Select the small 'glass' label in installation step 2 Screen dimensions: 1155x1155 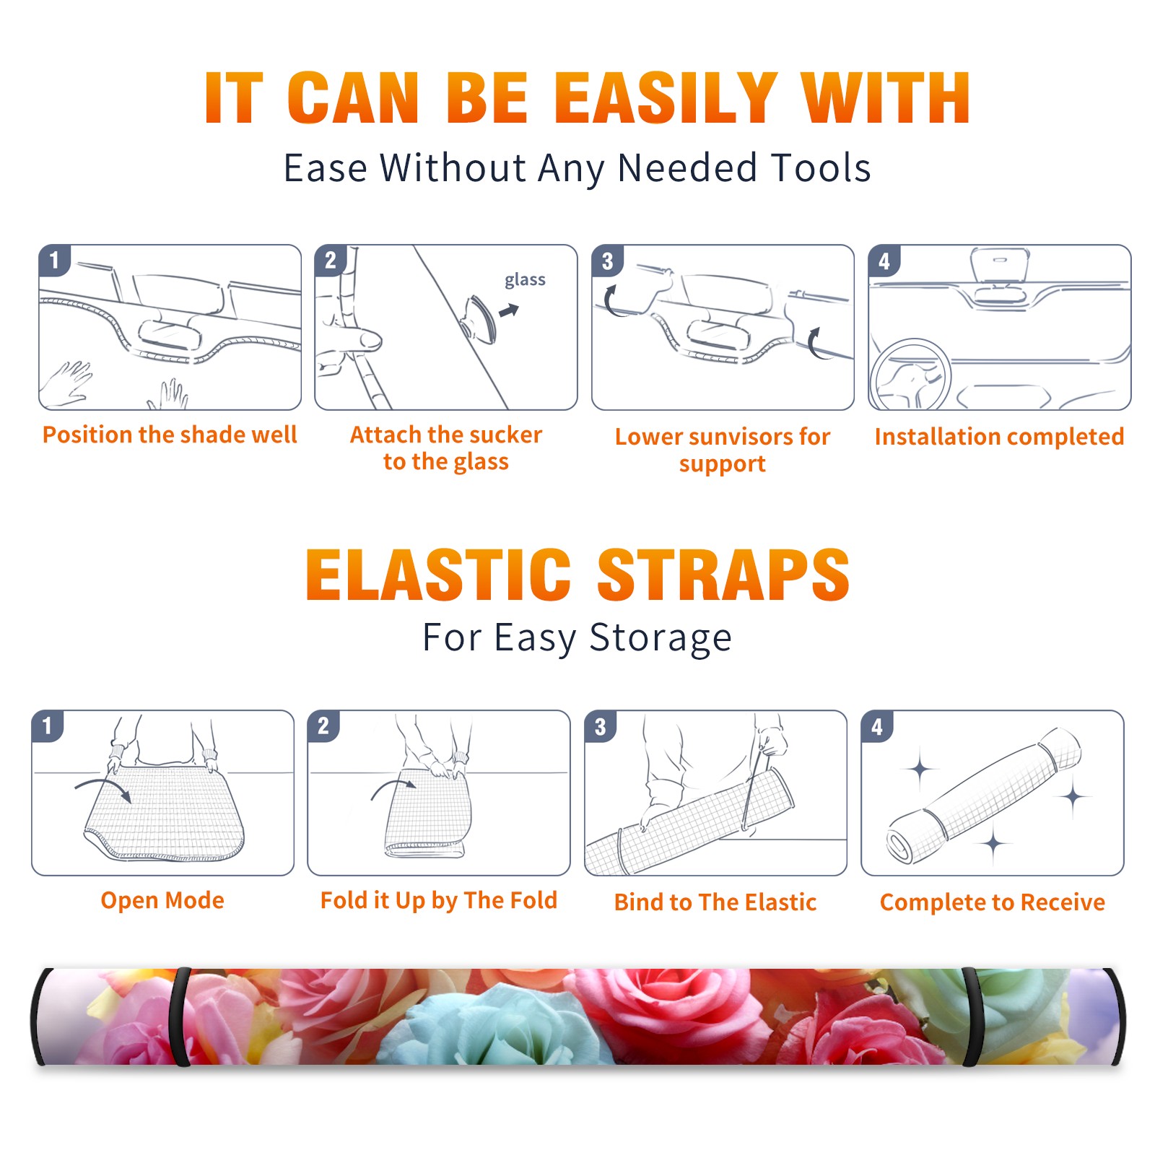525,280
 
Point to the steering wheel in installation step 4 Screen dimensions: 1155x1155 911,375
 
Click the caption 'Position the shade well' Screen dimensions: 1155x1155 170,435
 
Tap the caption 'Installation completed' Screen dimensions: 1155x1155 999,437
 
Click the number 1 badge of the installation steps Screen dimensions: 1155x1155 54,260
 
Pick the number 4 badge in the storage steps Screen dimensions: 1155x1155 876,726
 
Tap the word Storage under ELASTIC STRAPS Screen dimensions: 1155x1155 661,638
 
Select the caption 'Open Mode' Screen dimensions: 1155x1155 162,900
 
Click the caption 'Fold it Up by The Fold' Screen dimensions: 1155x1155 439,900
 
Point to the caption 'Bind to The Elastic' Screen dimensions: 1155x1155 715,902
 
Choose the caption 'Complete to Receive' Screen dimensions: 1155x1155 993,902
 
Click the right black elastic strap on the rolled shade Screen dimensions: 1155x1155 972,1016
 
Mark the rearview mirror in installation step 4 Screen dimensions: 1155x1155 1000,265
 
